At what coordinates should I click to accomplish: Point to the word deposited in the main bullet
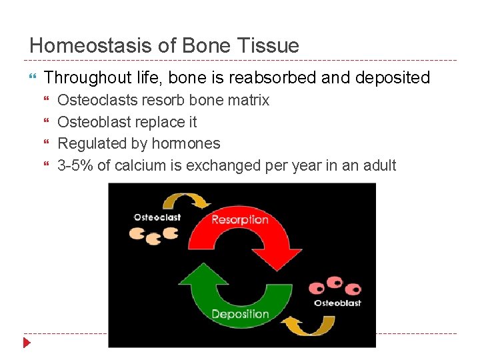tap(393, 78)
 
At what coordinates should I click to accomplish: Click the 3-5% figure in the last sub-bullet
tap(75, 165)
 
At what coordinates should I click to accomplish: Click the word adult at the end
tap(379, 165)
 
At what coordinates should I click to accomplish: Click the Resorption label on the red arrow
tap(239, 220)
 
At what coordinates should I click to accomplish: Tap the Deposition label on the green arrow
tap(240, 314)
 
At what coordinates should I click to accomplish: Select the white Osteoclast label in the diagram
tap(157, 217)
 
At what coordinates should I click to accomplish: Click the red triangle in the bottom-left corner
tap(27, 343)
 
